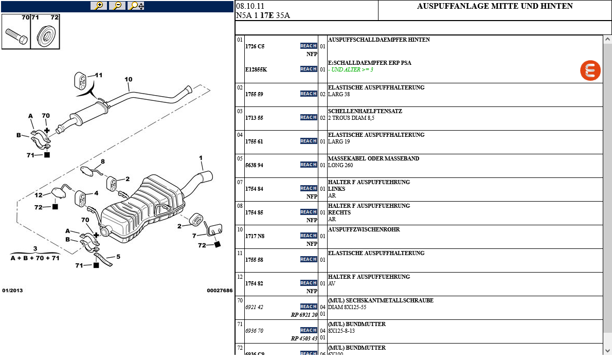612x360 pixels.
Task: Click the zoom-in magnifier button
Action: click(98, 6)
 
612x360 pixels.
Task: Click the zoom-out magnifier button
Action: click(117, 6)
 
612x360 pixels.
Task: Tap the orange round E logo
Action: click(590, 70)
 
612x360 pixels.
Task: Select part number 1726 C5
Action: click(255, 46)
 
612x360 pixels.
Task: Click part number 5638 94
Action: click(254, 165)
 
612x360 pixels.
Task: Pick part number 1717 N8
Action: click(255, 236)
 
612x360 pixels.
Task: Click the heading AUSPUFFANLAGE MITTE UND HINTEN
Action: click(495, 7)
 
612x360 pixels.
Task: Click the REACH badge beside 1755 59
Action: click(309, 94)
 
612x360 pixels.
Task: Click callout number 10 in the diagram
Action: click(128, 79)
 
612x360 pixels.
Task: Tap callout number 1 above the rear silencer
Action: click(201, 158)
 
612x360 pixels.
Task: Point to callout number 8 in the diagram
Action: click(102, 161)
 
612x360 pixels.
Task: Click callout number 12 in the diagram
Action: click(39, 195)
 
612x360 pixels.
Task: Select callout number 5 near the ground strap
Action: click(118, 256)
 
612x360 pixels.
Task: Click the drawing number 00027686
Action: click(220, 291)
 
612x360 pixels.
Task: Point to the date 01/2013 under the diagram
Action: click(12, 291)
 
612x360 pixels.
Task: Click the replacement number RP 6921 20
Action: click(304, 315)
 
